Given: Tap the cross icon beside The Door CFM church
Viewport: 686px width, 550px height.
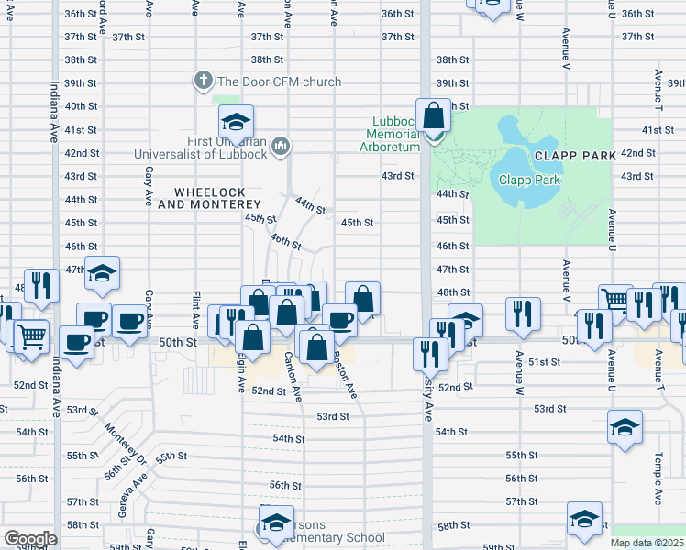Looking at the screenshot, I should click(x=203, y=81).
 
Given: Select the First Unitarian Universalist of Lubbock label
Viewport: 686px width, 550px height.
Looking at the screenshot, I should click(x=201, y=147).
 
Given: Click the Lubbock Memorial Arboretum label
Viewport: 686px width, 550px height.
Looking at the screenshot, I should click(x=396, y=134).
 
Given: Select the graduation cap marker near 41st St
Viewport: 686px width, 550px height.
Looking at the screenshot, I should click(x=236, y=123).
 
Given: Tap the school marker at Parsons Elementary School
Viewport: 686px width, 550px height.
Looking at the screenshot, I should click(x=276, y=522).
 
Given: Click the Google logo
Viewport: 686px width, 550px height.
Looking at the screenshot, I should click(x=30, y=539).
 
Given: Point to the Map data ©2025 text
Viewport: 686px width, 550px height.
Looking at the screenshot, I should click(x=647, y=543).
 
